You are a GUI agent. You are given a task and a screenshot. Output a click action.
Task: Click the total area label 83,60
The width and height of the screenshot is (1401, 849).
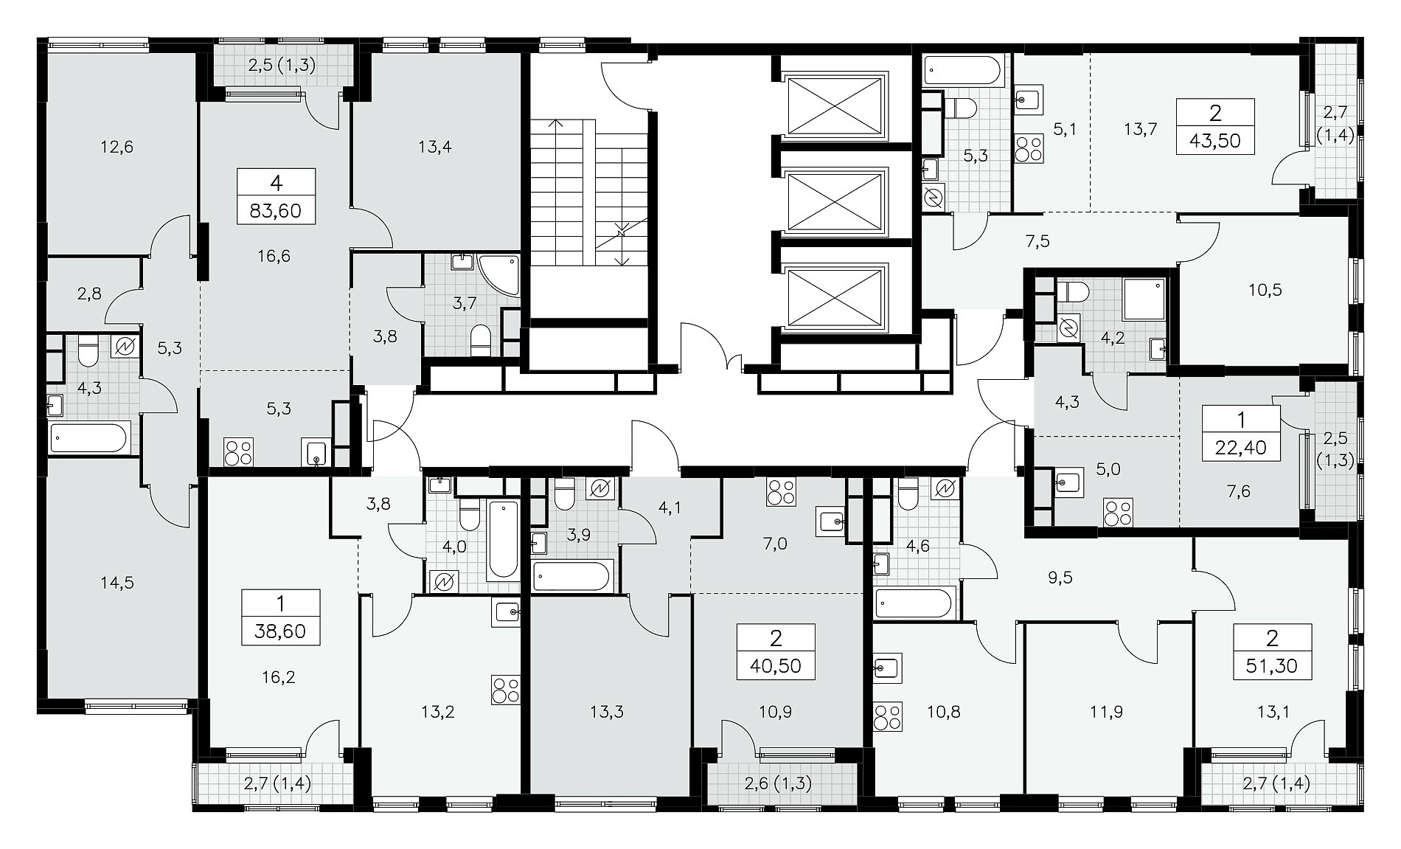pos(276,212)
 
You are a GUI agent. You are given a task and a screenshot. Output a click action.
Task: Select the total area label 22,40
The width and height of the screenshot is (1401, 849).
pos(1241,446)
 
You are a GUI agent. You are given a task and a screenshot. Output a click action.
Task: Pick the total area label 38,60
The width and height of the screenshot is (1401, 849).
pos(280,631)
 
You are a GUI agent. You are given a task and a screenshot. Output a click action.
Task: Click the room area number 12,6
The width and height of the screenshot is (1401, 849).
pos(118,147)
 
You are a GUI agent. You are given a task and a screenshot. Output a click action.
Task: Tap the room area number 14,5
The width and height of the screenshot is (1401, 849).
pos(118,583)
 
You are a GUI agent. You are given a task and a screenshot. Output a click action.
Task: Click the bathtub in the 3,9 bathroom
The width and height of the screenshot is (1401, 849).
pos(572,576)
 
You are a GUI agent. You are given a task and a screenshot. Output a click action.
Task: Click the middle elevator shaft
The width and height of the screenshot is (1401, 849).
pos(835,201)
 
